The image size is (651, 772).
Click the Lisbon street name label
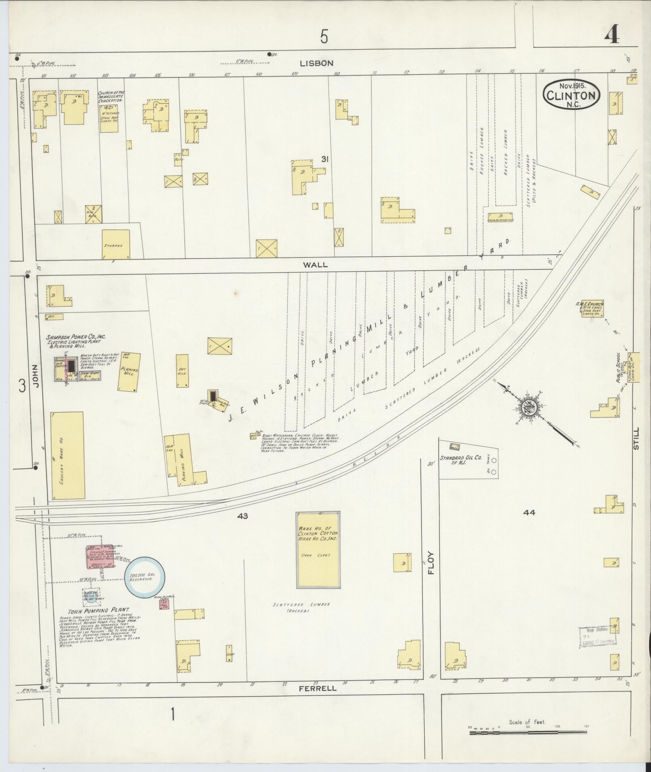coord(316,63)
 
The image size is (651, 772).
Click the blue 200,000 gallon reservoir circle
coord(144,577)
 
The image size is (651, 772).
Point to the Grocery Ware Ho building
coord(67,455)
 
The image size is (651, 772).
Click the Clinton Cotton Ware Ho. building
coord(318,550)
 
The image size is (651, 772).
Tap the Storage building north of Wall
coord(116,244)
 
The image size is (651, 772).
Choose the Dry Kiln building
coord(182,370)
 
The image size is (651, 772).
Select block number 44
coord(529,513)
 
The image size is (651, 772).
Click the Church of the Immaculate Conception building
coord(109,117)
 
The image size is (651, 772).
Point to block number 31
coord(324,159)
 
